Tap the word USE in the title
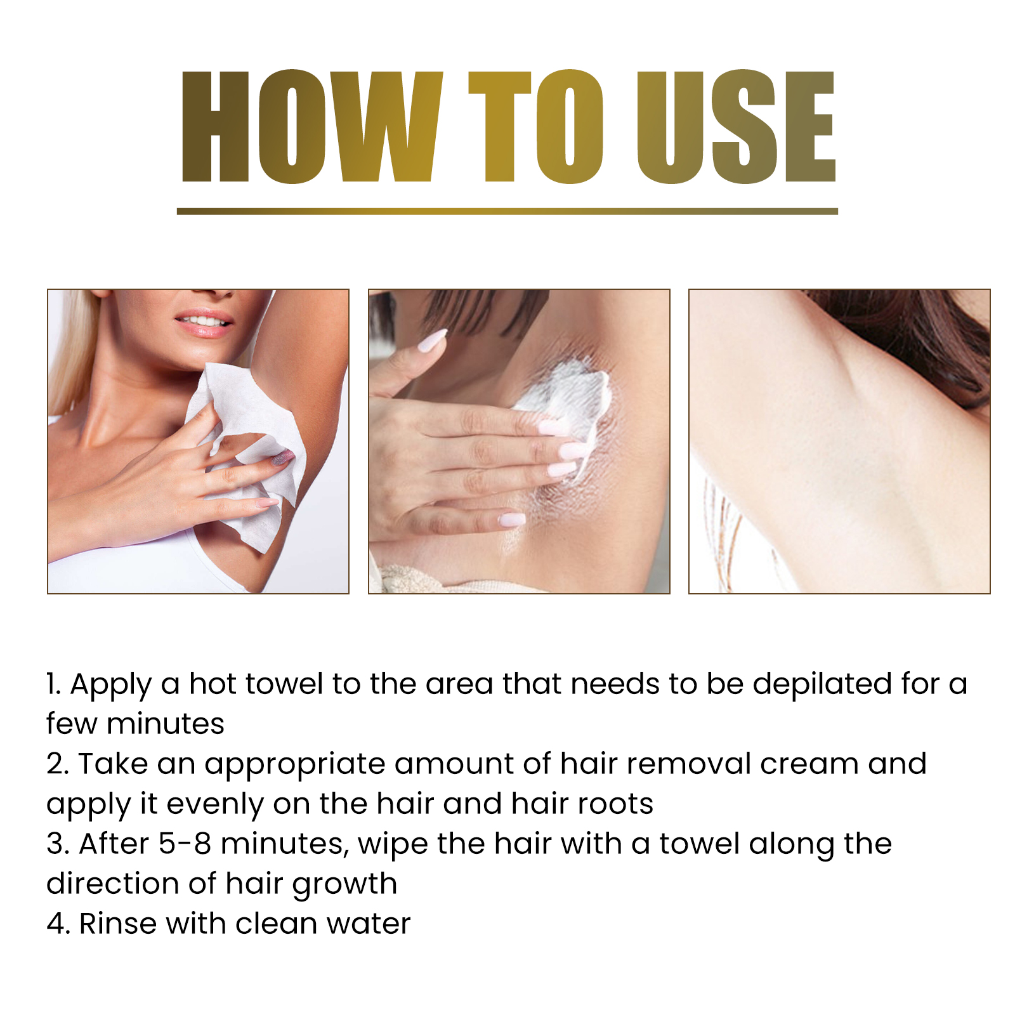736,127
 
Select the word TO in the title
536,127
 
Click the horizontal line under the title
507,211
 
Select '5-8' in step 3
185,844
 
